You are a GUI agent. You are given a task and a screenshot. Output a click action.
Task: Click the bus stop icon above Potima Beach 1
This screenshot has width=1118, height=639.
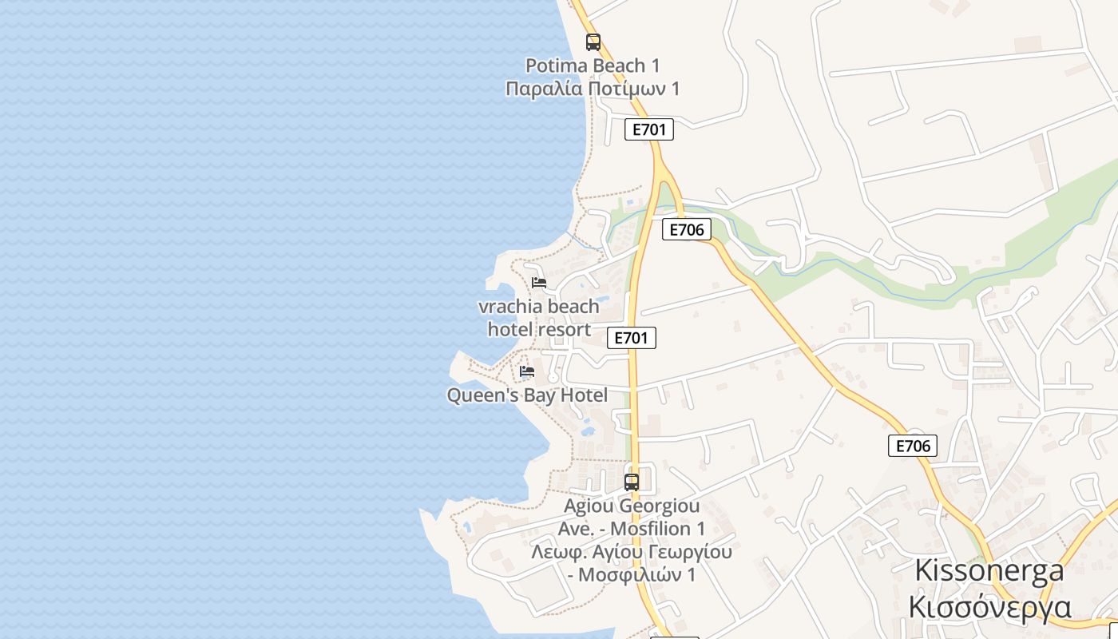pos(593,42)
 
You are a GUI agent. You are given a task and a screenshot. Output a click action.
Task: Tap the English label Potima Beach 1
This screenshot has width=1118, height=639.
pos(593,65)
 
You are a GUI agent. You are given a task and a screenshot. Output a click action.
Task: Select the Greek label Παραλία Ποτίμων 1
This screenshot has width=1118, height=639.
pos(593,88)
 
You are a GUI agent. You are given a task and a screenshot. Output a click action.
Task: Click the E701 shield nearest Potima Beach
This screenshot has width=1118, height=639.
pos(648,129)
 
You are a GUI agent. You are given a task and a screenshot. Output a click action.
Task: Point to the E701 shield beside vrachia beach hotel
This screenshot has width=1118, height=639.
pos(631,338)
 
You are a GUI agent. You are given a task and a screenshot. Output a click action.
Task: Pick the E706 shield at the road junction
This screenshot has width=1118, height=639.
pos(686,230)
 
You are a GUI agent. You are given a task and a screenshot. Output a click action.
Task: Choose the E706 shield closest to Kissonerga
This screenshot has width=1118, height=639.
pos(912,446)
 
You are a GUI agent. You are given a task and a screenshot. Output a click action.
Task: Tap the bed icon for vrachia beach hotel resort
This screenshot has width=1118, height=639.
pos(539,283)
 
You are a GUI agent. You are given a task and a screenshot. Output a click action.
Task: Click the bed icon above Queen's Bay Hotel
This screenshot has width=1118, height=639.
pos(527,371)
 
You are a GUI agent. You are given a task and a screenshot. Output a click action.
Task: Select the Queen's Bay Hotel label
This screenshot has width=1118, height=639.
pos(527,395)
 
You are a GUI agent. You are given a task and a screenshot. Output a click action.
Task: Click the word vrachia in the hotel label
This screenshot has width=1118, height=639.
pos(505,307)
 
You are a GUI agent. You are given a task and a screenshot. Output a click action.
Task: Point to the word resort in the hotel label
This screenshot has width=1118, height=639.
pos(564,329)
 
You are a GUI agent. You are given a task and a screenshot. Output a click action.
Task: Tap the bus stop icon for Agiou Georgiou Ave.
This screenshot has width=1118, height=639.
pos(632,482)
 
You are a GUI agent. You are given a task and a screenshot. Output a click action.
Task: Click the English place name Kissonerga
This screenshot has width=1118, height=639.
pos(989,570)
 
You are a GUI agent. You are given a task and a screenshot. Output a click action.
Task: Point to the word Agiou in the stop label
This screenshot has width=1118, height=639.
pos(589,506)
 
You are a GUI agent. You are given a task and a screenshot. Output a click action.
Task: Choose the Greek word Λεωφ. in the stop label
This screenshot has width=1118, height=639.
pos(556,552)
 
